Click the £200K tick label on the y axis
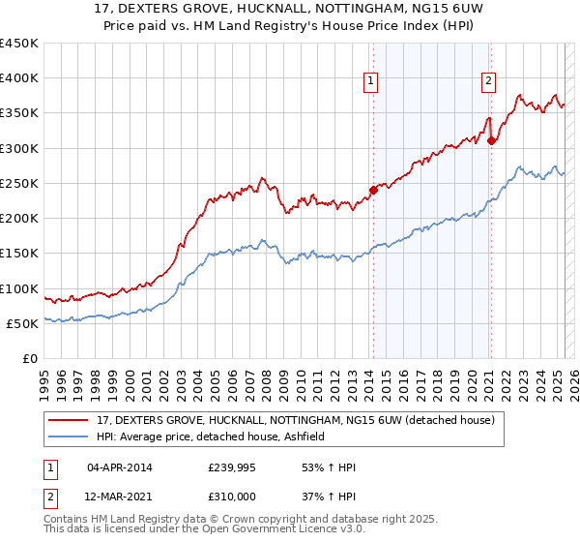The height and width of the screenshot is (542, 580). [19, 219]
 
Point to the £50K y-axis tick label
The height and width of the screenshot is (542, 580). [23, 324]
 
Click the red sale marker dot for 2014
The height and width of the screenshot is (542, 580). [373, 191]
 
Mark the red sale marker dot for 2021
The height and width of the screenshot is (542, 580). [492, 141]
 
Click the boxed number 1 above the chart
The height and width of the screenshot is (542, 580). [371, 81]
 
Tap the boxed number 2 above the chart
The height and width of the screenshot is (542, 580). [489, 81]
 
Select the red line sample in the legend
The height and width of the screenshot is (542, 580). [70, 420]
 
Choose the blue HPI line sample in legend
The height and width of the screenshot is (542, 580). [70, 437]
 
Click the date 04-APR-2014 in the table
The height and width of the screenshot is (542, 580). [119, 467]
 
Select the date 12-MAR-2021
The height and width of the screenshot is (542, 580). [119, 496]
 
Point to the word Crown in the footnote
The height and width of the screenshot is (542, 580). [220, 520]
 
